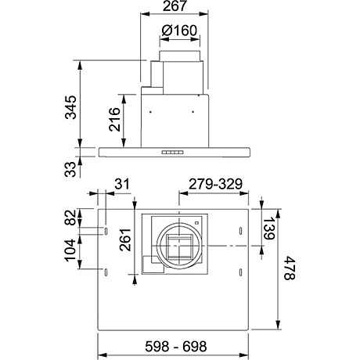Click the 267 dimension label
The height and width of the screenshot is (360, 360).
175,6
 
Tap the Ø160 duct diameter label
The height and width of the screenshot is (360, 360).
179,31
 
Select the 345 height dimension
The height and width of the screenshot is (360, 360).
70,107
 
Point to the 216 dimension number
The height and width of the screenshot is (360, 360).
115,119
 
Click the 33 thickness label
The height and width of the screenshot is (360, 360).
70,169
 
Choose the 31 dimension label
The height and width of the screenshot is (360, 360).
122,184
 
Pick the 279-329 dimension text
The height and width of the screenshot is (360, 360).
215,184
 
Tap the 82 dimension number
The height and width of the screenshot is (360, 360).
71,218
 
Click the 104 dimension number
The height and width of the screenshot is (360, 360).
70,250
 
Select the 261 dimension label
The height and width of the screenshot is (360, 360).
125,239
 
